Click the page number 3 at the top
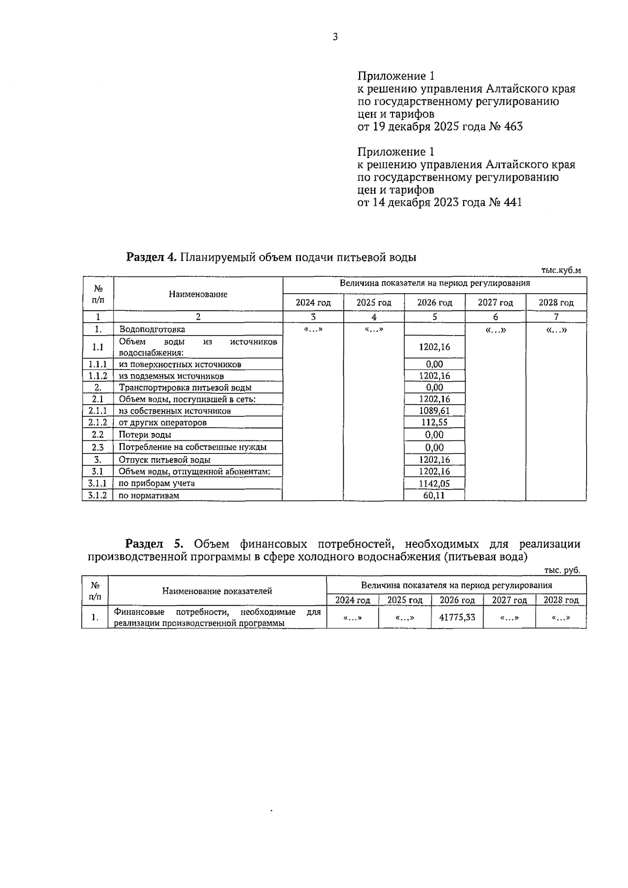(x=335, y=37)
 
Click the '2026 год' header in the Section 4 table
(x=434, y=303)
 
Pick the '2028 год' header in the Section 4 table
(x=556, y=303)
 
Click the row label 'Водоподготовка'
(x=152, y=329)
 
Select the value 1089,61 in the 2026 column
(x=434, y=411)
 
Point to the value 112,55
(x=434, y=423)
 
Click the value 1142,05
(x=434, y=484)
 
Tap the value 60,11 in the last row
(x=434, y=495)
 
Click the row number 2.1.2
(x=97, y=423)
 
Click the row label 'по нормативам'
(x=149, y=495)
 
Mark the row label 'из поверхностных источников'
(x=180, y=364)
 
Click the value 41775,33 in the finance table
(x=457, y=617)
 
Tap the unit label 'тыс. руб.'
(x=562, y=571)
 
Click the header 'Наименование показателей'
(x=217, y=591)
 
